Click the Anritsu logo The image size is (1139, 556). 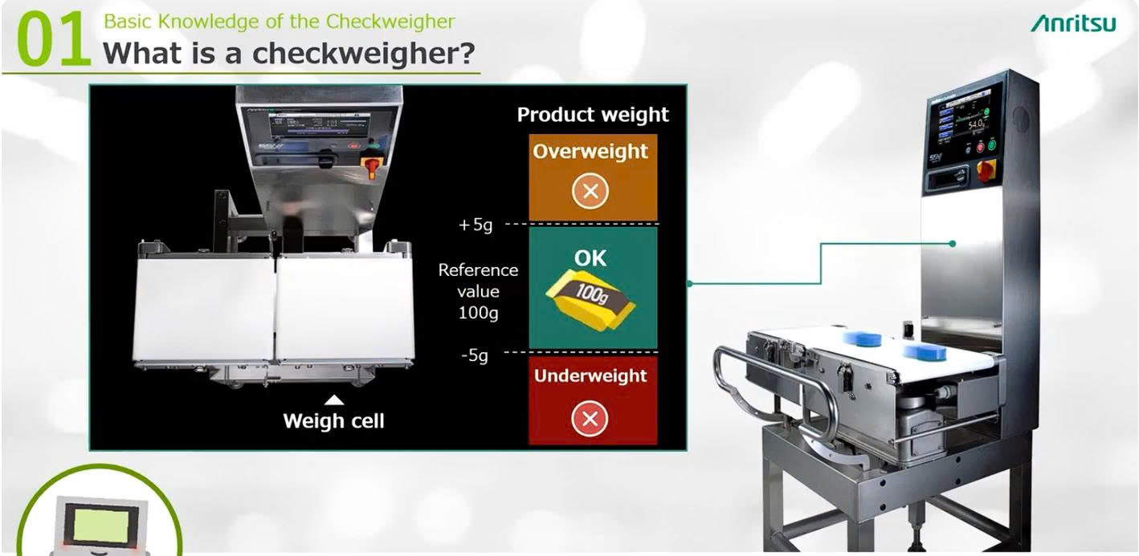click(1073, 23)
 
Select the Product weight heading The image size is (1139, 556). click(593, 115)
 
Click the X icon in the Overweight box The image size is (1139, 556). click(594, 191)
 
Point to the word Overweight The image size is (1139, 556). click(590, 152)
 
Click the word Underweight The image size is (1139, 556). click(590, 375)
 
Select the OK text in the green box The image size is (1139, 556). click(590, 258)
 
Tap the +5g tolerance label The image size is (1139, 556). click(475, 225)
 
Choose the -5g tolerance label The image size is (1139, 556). click(474, 355)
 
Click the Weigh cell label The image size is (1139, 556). click(333, 420)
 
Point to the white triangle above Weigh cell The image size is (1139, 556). click(335, 399)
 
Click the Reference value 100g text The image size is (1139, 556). click(478, 291)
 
